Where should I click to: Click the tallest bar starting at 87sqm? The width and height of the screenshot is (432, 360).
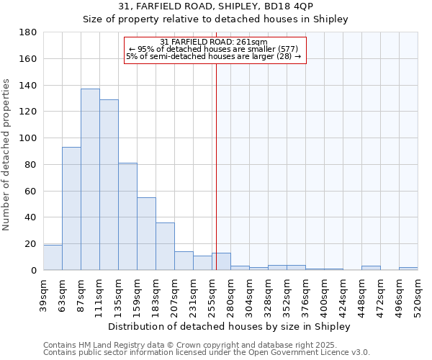pyautogui.click(x=90, y=180)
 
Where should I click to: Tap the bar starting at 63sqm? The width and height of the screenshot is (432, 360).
pyautogui.click(x=71, y=209)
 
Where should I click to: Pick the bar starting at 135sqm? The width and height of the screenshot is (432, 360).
pyautogui.click(x=127, y=217)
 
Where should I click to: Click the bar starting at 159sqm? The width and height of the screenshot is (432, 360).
pyautogui.click(x=146, y=234)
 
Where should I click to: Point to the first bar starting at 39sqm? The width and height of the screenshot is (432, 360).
pyautogui.click(x=53, y=258)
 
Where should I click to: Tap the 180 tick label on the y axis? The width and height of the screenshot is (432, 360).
pyautogui.click(x=28, y=32)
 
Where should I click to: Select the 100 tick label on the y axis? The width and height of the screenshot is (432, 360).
pyautogui.click(x=28, y=138)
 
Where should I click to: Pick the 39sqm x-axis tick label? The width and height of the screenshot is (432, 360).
pyautogui.click(x=43, y=293)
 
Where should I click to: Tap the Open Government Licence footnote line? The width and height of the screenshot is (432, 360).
pyautogui.click(x=207, y=352)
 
